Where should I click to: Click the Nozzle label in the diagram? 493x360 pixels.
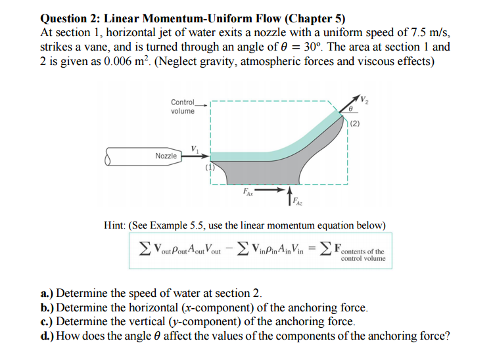[166, 156]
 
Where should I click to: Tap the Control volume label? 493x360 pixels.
[182, 106]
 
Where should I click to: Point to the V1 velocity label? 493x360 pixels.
[195, 148]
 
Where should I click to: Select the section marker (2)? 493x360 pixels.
[355, 122]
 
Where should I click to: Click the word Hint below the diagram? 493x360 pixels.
[116, 225]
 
